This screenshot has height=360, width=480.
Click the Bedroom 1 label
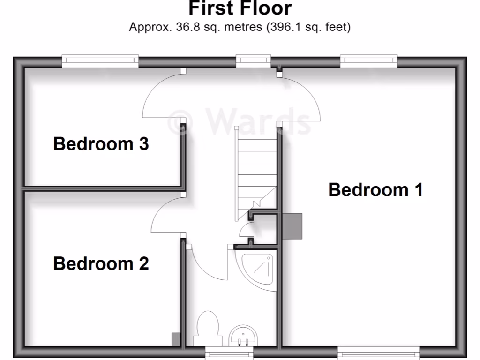coord(375,190)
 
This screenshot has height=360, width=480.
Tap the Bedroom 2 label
coord(101,263)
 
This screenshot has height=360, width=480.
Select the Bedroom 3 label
coord(101,143)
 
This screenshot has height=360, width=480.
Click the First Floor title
coord(240,8)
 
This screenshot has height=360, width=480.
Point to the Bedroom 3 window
coord(100,60)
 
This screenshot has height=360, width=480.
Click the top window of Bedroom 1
coord(369,60)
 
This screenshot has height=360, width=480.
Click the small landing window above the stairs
coord(253,60)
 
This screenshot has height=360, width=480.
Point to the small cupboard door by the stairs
coord(244,231)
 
